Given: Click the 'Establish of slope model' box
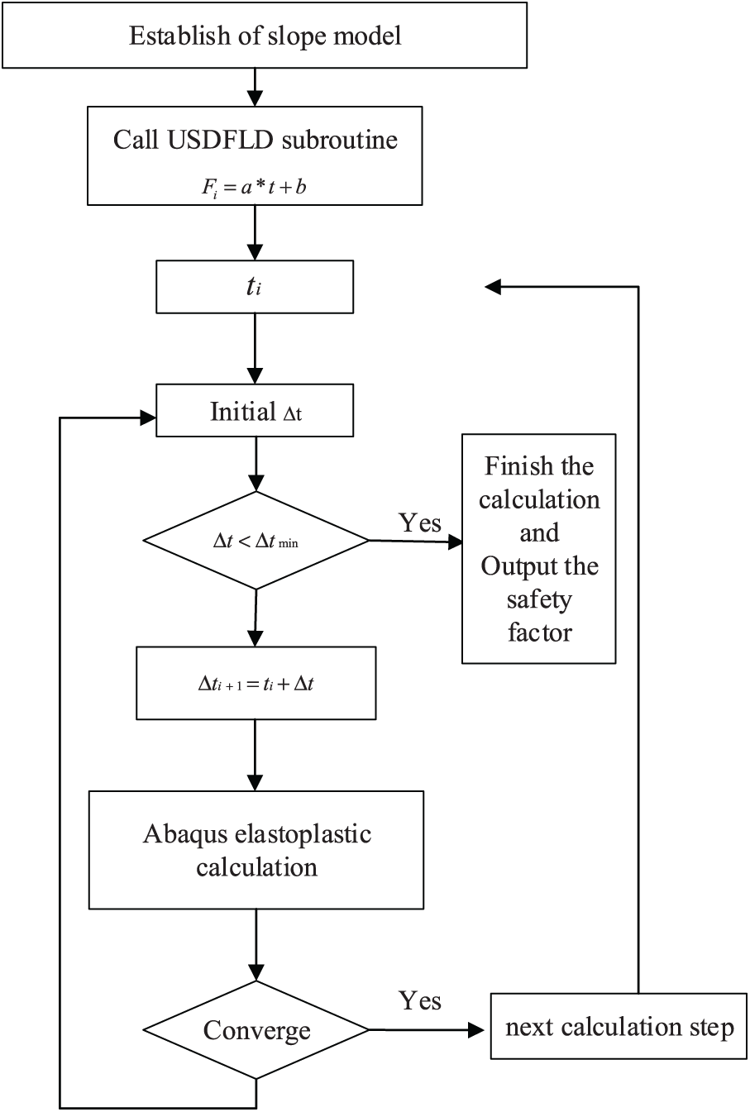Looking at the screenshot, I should (x=265, y=36).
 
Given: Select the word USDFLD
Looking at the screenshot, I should (x=234, y=139).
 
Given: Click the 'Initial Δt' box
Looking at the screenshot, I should (x=255, y=412).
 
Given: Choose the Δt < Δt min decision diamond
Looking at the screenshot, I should (x=256, y=541).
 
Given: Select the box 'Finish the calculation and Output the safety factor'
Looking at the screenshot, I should (x=538, y=548).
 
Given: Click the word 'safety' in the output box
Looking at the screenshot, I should (x=538, y=599).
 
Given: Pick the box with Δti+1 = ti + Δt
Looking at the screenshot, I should (x=256, y=683).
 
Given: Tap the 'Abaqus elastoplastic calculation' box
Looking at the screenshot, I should (x=256, y=849).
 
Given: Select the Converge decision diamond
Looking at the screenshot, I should (x=256, y=1030).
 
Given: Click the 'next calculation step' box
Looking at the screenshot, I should (x=619, y=1028).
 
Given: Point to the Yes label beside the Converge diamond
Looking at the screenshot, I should (x=419, y=1000).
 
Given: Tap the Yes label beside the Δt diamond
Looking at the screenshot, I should (x=419, y=523).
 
